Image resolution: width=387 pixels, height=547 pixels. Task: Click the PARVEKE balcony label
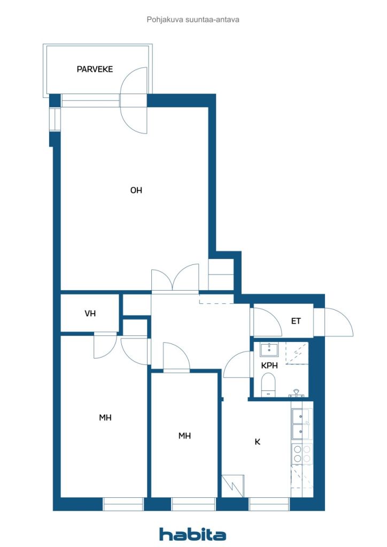click(x=95, y=69)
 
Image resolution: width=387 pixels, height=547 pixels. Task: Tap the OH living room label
click(x=136, y=190)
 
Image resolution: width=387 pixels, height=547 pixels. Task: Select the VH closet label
click(x=90, y=313)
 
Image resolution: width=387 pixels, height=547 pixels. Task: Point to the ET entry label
click(x=296, y=321)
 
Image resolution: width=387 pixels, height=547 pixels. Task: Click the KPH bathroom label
click(x=269, y=365)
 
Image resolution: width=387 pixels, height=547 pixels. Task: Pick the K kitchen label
click(x=258, y=442)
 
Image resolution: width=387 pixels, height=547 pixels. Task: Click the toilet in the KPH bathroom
click(x=268, y=385)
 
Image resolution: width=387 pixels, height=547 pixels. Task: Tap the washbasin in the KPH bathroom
click(x=269, y=350)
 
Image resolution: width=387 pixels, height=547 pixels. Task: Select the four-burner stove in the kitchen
click(x=302, y=454)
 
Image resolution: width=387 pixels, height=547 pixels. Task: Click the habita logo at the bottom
click(x=192, y=534)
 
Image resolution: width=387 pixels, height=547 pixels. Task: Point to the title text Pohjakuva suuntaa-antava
click(x=193, y=20)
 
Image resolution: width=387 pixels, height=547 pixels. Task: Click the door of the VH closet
click(x=105, y=346)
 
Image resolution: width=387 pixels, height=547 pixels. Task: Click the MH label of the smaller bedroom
click(x=184, y=436)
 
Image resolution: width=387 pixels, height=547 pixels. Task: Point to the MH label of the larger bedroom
click(x=105, y=418)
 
